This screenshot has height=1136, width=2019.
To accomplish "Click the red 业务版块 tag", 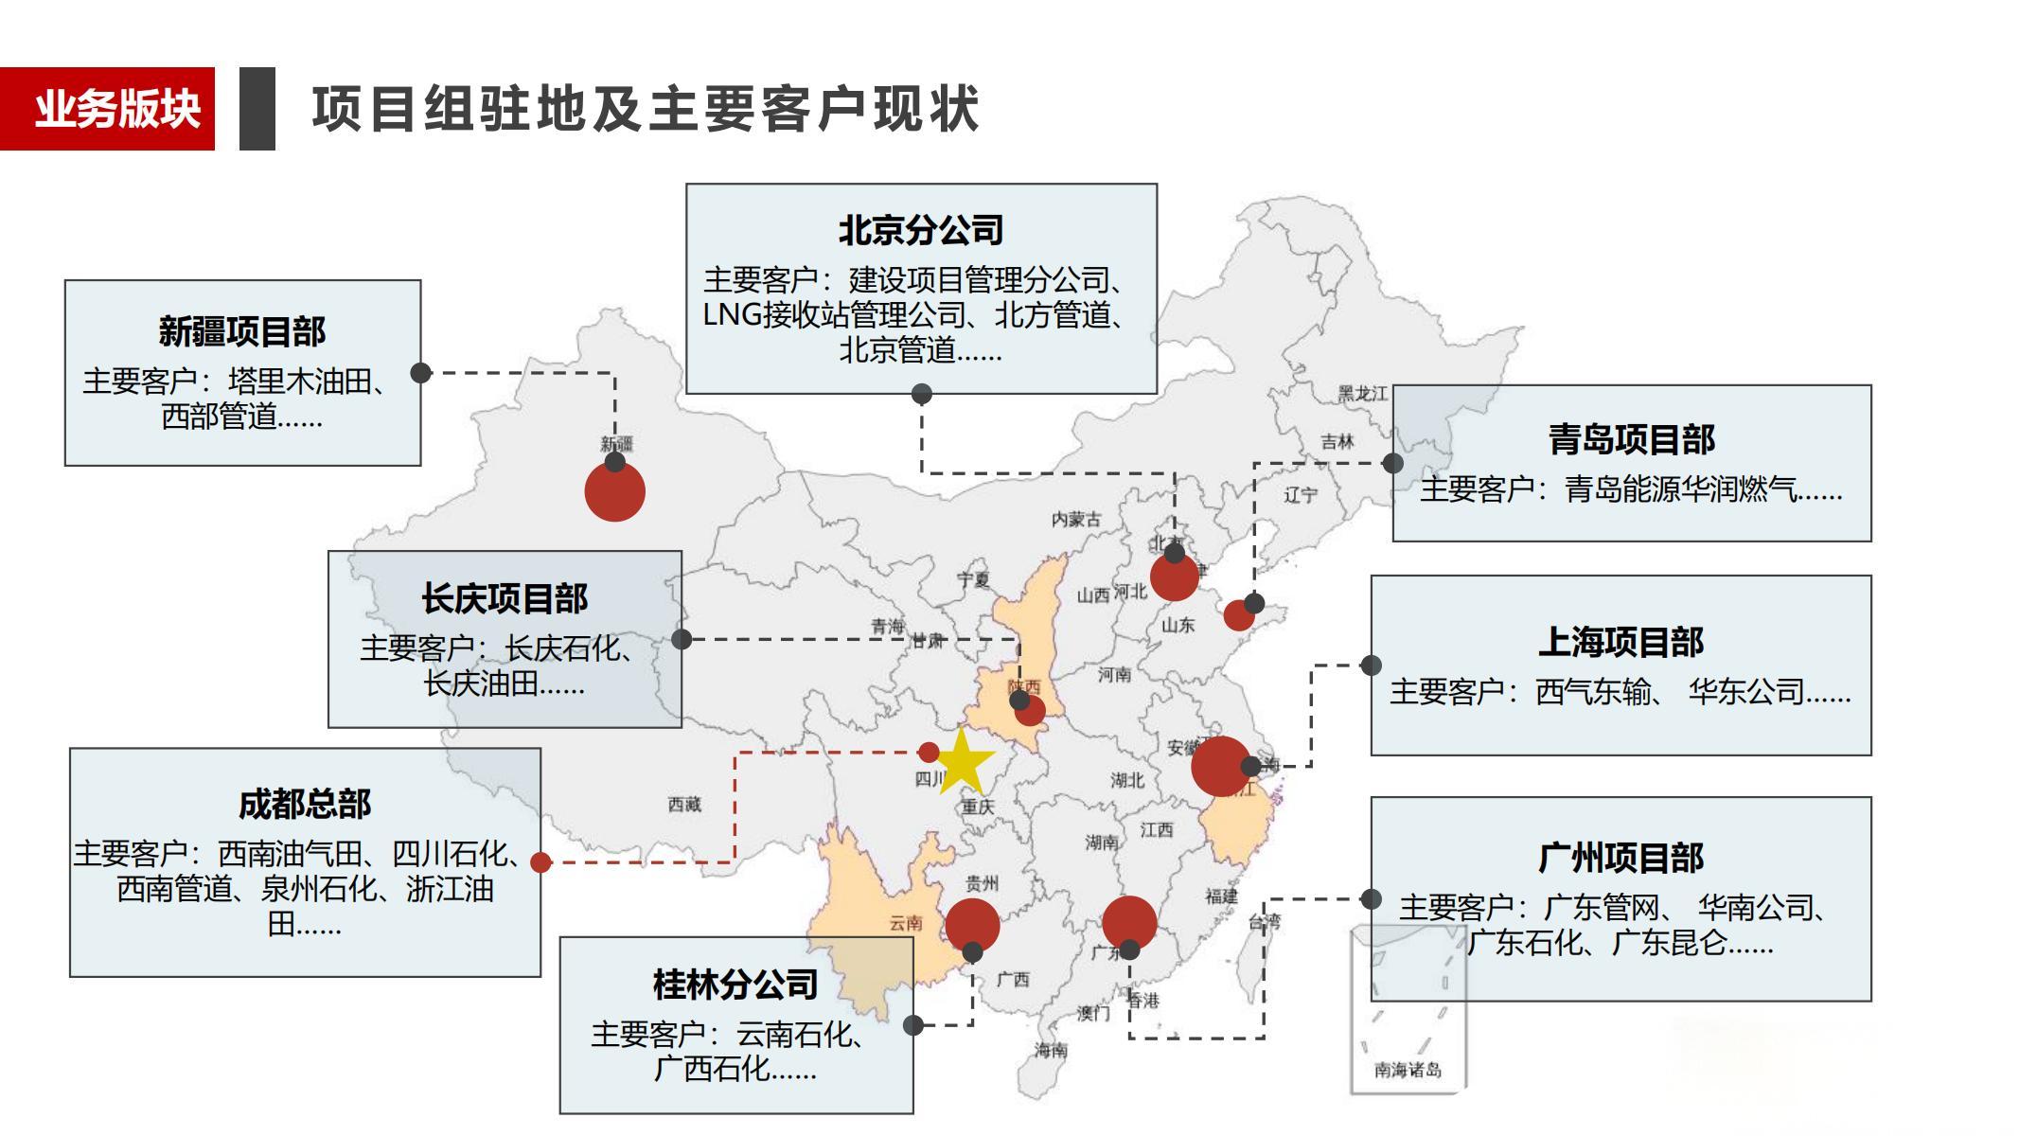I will point(107,109).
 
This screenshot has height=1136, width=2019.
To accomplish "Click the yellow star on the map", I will point(962,761).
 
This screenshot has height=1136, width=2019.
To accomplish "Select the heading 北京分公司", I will point(921,230).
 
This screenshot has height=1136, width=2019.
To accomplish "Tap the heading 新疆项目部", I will point(242,331).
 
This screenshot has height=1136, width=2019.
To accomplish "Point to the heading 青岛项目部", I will point(1631,439).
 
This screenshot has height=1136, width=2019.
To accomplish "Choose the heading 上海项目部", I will point(1621,642).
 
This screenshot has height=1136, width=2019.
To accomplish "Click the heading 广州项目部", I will point(1621,858).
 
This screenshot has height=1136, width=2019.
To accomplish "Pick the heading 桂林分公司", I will point(735,985).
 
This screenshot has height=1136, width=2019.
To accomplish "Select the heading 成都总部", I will point(305,804).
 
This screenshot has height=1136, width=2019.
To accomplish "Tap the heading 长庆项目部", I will point(505,598).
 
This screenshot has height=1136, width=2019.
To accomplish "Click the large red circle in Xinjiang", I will point(615,492).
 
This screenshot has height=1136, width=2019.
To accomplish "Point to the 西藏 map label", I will point(684,805).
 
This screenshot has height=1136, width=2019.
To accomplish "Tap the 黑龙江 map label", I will point(1362,394).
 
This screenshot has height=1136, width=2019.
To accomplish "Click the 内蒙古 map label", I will point(1076,519).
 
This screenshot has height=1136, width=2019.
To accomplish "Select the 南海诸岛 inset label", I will point(1408,1070).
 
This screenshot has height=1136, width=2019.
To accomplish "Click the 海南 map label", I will point(1051,1049).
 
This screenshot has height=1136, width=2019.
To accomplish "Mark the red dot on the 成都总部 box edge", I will point(540,862).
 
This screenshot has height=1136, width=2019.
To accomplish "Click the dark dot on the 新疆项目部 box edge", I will point(421,373).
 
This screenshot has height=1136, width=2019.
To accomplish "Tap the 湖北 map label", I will point(1127,780).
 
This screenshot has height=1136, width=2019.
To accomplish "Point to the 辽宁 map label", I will point(1301,495).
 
